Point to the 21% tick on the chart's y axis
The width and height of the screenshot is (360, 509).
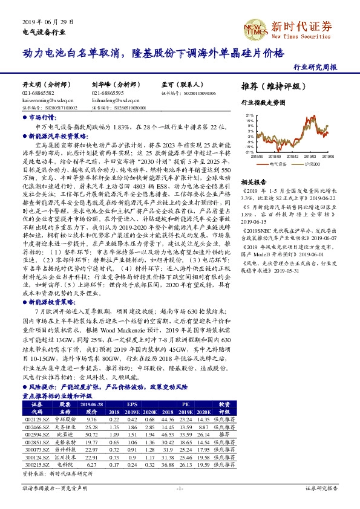click(248, 114)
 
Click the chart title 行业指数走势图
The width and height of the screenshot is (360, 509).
click(263, 104)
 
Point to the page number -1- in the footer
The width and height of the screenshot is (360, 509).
click(180, 487)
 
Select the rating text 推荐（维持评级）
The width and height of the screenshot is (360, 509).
click(270, 86)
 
